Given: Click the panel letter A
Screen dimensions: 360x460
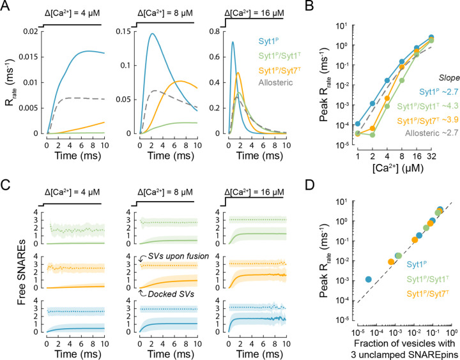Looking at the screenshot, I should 6,6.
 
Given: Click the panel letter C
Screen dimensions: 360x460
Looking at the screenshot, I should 6,186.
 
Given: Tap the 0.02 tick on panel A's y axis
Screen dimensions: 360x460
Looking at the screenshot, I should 29,31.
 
